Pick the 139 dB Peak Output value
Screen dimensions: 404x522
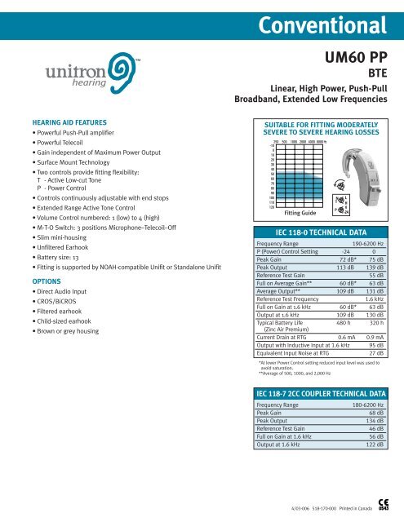(x=373, y=267)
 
